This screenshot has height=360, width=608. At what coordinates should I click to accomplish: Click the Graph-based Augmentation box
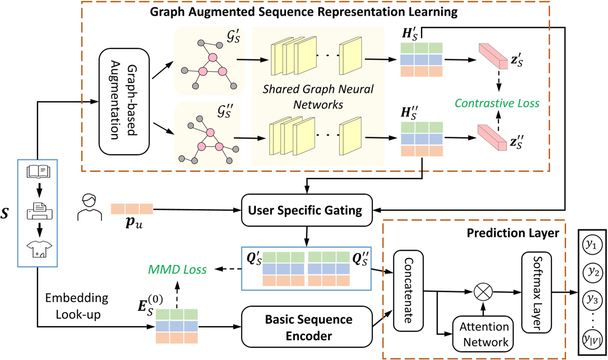(x=124, y=101)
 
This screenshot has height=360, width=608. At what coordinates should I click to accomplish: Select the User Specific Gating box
(x=306, y=211)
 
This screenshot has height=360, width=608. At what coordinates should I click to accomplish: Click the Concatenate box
(x=408, y=290)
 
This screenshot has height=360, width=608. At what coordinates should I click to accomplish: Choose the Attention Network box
(x=483, y=334)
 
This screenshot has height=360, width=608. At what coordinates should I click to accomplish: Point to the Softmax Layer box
(x=536, y=292)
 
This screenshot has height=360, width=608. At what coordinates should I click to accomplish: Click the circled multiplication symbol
(x=483, y=292)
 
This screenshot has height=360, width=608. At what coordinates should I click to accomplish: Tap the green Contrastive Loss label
(x=497, y=103)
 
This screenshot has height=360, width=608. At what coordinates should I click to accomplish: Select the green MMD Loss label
(x=177, y=269)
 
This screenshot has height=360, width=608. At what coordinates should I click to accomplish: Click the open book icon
(x=38, y=172)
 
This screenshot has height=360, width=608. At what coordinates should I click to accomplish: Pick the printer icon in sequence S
(x=39, y=211)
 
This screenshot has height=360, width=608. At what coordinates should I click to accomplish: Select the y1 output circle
(x=592, y=245)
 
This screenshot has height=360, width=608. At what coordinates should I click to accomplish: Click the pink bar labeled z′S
(x=493, y=56)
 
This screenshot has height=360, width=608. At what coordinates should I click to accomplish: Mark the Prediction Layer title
(x=512, y=233)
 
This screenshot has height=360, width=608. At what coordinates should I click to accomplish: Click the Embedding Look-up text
(x=77, y=306)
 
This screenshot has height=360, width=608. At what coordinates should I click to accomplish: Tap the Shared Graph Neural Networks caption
(x=318, y=97)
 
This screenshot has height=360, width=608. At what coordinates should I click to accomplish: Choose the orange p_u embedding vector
(x=132, y=209)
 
